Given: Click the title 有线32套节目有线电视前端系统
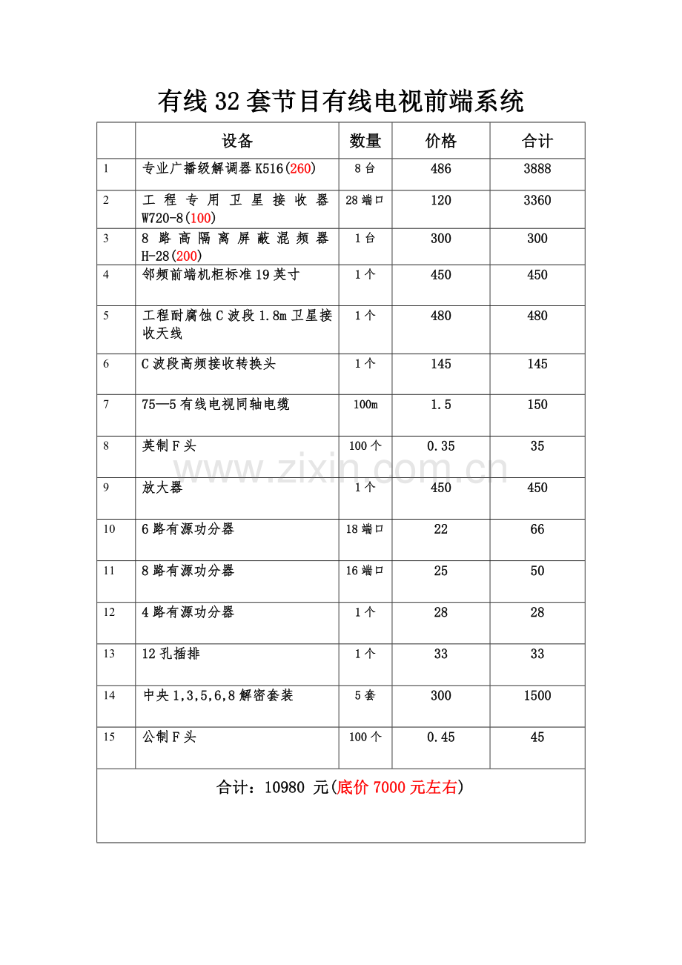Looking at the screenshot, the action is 340,101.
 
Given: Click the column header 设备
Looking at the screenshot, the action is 237,141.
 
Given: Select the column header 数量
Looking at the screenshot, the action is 365,141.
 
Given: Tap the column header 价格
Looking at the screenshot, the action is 441,141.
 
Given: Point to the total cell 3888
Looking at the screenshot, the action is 537,169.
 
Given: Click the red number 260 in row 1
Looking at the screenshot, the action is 300,169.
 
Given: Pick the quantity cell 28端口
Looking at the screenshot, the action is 365,200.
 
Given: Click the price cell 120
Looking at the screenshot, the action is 441,200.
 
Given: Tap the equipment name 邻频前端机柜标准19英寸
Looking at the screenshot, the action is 222,275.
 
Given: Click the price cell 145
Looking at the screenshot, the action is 441,364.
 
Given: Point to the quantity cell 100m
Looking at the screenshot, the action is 365,405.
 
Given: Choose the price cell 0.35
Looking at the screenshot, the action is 441,446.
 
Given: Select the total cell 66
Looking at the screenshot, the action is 537,529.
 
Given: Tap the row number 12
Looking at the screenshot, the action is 110,612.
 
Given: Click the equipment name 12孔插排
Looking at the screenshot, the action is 171,654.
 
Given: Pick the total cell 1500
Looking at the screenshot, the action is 537,695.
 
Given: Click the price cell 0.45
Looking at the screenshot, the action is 441,737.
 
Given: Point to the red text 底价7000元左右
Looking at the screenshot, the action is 397,788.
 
